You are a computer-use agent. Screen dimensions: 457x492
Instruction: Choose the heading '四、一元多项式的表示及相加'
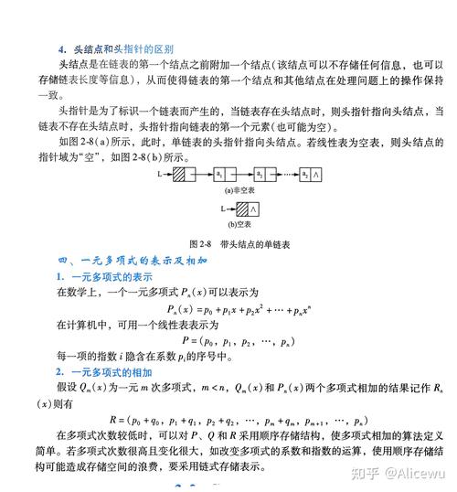pos(133,262)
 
